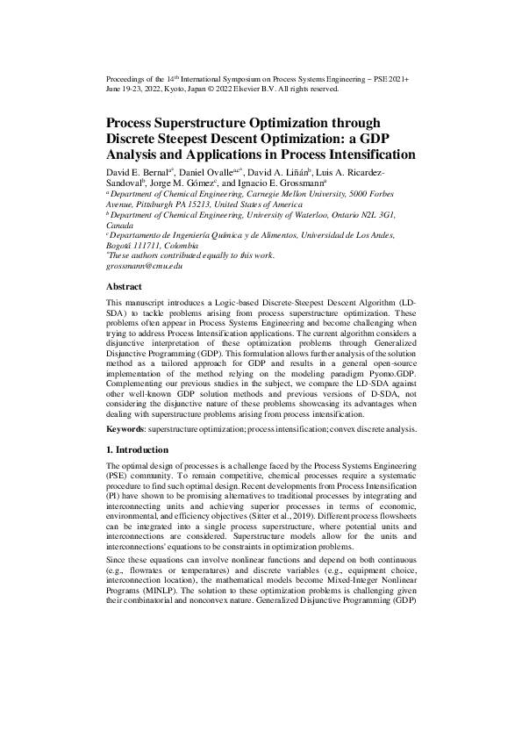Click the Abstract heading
point(125,287)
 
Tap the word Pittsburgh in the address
point(153,205)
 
